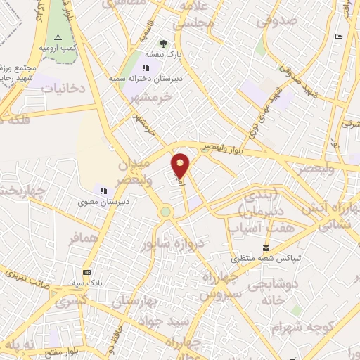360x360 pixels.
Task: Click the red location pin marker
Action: point(181,165)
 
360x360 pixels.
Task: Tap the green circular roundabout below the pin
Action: point(165,212)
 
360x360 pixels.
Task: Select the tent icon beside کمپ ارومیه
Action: point(58,37)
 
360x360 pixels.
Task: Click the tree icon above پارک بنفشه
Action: point(164,44)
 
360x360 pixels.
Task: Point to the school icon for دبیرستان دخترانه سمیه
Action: point(146,68)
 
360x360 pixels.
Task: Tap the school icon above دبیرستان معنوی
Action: point(103,190)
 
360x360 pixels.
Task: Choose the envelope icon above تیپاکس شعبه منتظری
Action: point(266,248)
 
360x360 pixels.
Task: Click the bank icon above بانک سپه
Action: point(86,272)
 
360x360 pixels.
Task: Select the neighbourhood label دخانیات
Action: point(63,89)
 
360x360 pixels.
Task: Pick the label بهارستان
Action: point(135,302)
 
